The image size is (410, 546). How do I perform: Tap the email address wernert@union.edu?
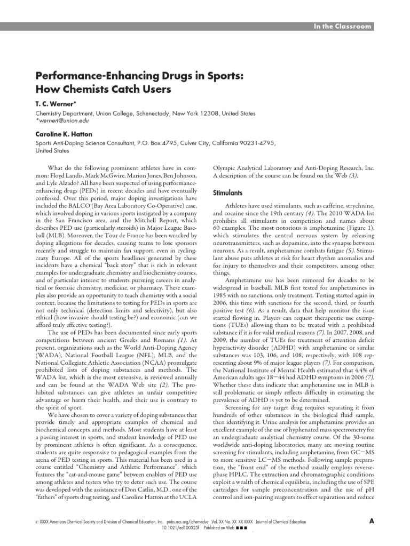(64, 121)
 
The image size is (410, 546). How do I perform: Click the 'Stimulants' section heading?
(228, 192)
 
